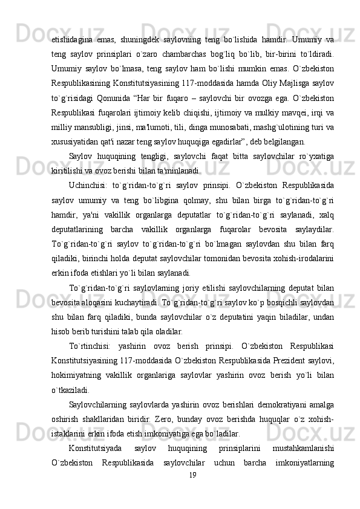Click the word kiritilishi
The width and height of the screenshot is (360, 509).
[68, 170]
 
